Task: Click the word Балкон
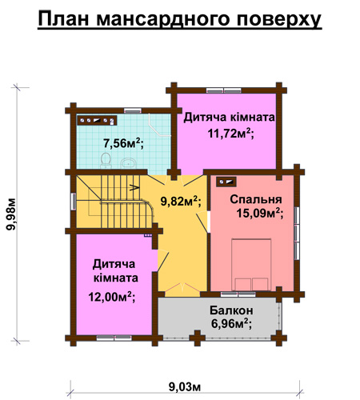[231, 310]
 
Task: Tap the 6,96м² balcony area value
[231, 323]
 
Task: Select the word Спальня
[256, 199]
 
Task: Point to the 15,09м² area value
[260, 213]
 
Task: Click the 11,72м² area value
[230, 133]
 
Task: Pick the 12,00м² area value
[112, 297]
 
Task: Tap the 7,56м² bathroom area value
[123, 143]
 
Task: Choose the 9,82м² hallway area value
[181, 201]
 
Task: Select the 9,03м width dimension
[185, 386]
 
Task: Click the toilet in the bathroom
[106, 160]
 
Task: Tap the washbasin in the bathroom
[129, 163]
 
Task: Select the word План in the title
[63, 18]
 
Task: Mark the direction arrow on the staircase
[134, 187]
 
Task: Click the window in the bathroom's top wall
[133, 110]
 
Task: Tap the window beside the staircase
[74, 202]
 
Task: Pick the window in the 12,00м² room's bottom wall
[114, 338]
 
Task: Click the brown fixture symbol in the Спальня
[226, 182]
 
